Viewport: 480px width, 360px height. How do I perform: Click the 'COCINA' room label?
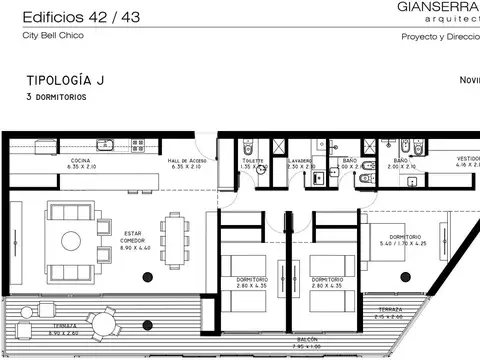pos(81,162)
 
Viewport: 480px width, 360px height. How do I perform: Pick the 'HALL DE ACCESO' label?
pos(187,162)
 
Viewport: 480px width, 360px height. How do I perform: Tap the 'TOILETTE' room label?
pos(252,161)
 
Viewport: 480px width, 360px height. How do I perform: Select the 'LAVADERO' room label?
pos(300,161)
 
